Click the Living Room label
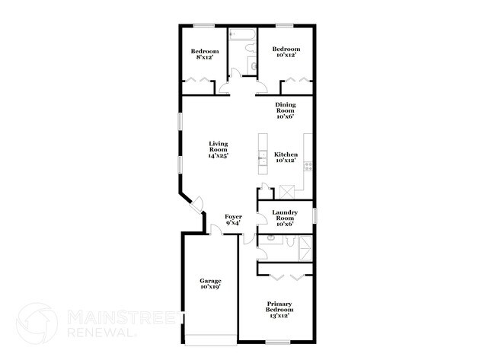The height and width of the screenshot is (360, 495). click(x=219, y=148)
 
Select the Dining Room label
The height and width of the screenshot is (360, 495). click(x=285, y=110)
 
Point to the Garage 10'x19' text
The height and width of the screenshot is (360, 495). click(x=210, y=284)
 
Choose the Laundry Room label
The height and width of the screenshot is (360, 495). click(x=286, y=218)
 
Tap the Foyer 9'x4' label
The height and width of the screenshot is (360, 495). click(x=234, y=220)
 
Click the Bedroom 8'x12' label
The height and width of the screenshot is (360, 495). click(x=205, y=54)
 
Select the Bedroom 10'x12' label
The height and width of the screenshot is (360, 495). click(x=286, y=52)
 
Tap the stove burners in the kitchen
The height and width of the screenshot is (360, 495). click(x=308, y=165)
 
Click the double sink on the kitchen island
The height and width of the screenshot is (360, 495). click(x=263, y=158)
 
